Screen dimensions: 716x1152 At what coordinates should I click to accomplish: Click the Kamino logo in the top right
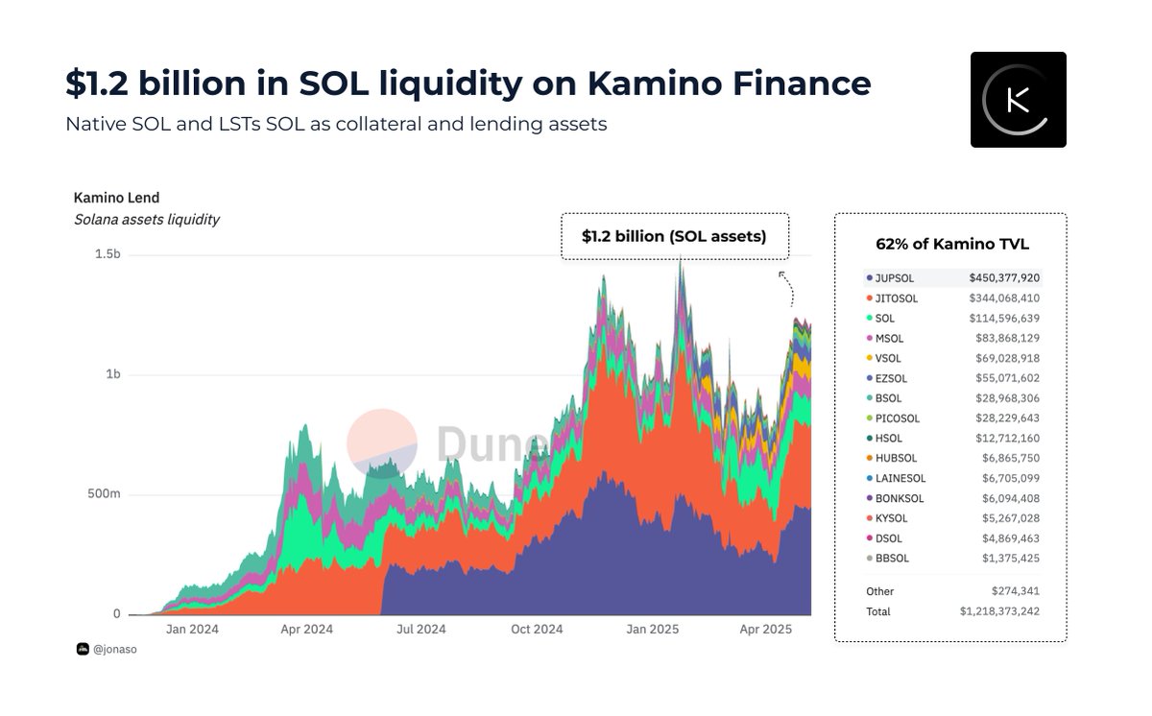1018,100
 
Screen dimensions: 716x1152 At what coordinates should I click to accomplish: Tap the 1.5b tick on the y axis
108,254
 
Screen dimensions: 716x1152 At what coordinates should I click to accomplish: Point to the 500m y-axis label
103,494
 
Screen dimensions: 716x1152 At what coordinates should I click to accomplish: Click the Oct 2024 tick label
537,630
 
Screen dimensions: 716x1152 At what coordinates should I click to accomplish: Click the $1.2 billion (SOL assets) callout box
674,236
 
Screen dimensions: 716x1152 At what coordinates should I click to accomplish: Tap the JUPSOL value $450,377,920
1003,278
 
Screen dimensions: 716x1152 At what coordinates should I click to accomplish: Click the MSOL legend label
889,338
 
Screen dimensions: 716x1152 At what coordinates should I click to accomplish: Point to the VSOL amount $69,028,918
1005,358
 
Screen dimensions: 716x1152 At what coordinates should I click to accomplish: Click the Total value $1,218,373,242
999,611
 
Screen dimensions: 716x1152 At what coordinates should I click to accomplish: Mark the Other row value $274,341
1016,591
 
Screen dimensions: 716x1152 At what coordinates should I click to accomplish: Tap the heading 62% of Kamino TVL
951,244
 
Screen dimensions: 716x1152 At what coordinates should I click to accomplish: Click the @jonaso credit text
108,650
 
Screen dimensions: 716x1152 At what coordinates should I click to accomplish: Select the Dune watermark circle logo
381,442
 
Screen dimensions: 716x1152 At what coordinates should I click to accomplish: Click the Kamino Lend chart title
116,198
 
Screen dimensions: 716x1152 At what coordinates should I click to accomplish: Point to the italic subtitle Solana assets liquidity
147,220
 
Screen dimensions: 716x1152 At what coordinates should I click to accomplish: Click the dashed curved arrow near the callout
786,287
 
